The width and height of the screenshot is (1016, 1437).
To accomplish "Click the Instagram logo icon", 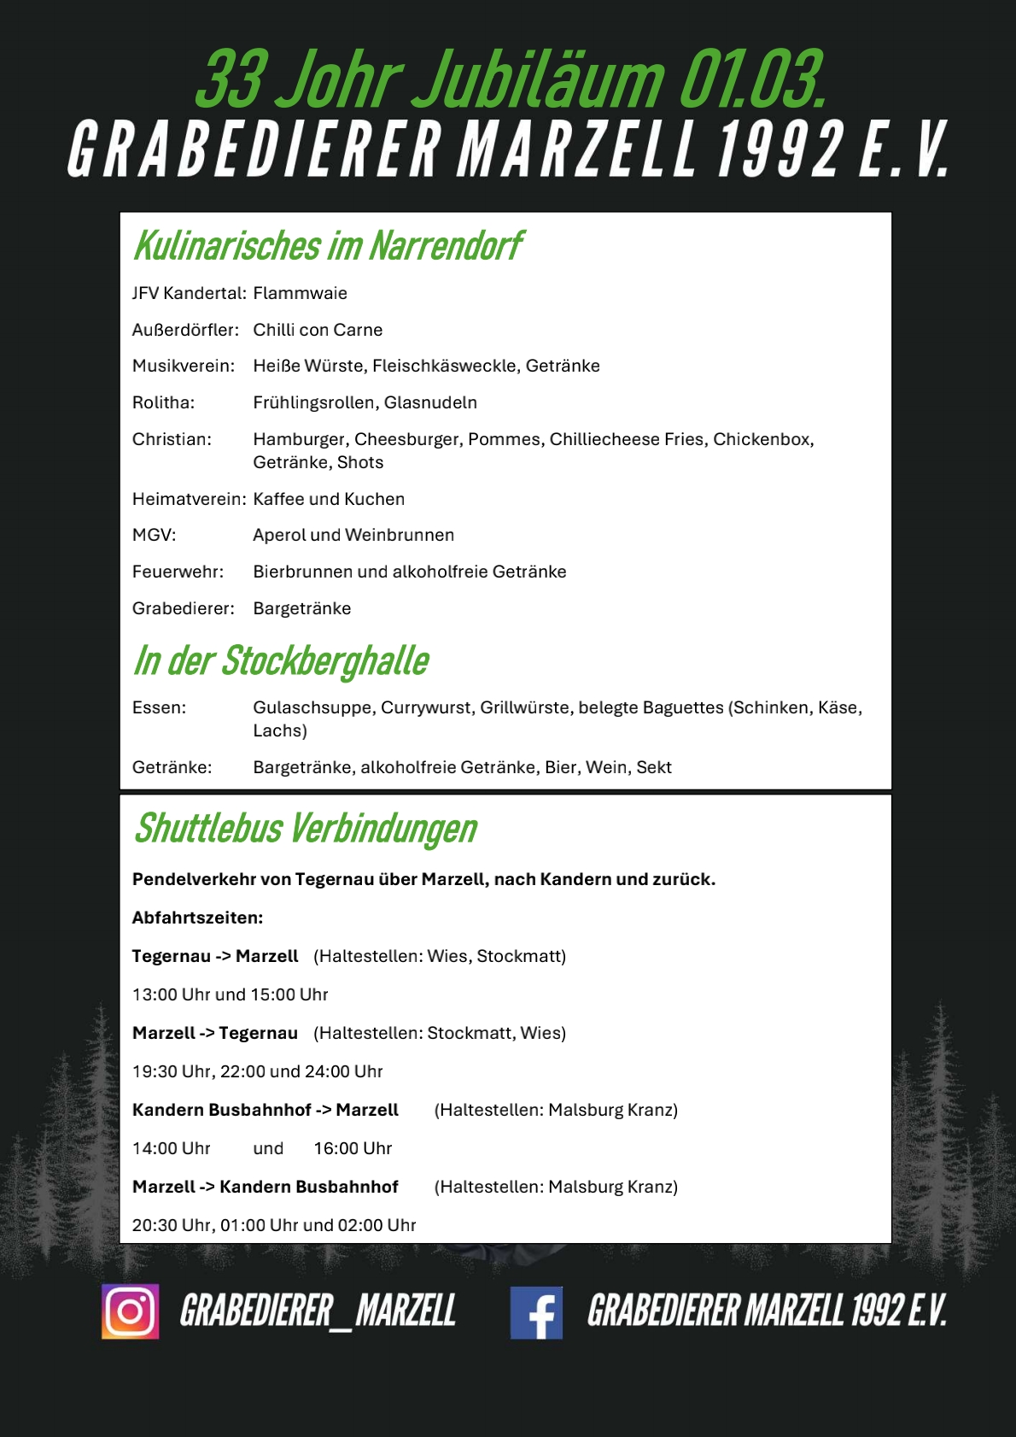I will point(130,1311).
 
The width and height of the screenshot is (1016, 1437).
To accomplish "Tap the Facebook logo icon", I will point(536,1312).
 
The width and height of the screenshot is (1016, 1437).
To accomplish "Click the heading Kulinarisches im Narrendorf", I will point(327,246).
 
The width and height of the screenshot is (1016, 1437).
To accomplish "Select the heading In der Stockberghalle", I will point(281,661).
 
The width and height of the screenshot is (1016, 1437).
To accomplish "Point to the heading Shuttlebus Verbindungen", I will point(305,828).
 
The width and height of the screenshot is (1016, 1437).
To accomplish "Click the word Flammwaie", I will point(300,293).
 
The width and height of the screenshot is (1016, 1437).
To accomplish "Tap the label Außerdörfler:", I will point(185,330).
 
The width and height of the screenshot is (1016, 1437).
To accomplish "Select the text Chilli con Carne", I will point(318,330).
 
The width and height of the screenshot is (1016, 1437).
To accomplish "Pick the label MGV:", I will point(154,535).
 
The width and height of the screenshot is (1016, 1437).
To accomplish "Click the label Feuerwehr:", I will point(178,572).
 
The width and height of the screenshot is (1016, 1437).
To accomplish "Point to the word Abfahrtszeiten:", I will point(197,918).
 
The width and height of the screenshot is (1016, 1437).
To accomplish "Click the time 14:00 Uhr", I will point(171,1148).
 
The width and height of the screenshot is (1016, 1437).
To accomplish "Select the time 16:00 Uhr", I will point(353,1148).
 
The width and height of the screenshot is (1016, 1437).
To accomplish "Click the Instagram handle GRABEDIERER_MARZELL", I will point(318,1311).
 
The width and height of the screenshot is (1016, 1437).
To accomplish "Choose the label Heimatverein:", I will point(189,499).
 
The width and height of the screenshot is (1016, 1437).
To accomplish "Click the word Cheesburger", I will point(406,439).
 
